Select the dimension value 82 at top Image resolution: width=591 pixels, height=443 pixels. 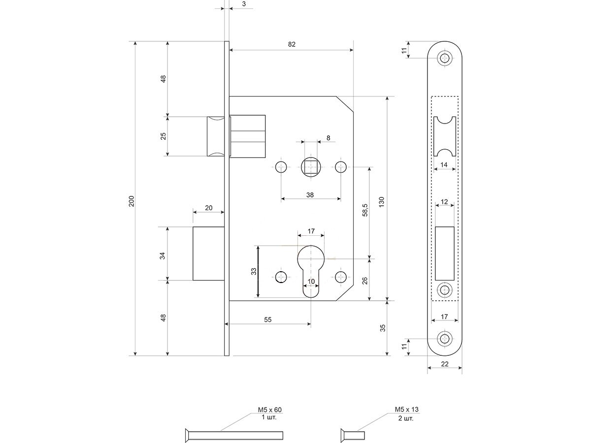click(x=292, y=44)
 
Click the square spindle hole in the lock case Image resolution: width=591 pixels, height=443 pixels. click(x=310, y=167)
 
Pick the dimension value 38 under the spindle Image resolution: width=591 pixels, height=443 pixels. click(x=310, y=195)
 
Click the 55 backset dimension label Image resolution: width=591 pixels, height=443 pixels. click(x=267, y=319)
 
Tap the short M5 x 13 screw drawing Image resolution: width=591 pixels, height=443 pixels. click(x=352, y=435)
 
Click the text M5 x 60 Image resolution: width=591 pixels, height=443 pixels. click(x=269, y=410)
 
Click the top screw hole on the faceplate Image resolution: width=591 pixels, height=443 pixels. click(x=445, y=58)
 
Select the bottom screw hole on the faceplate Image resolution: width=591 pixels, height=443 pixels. click(x=445, y=339)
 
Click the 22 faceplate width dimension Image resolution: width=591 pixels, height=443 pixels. click(x=445, y=364)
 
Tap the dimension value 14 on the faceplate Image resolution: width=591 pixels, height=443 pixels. click(x=444, y=165)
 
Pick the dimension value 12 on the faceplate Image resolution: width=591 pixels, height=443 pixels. click(x=444, y=202)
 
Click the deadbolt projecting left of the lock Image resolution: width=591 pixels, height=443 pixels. click(x=209, y=253)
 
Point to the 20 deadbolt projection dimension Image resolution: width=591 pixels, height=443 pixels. click(x=208, y=208)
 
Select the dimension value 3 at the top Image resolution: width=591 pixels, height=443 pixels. click(x=244, y=4)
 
